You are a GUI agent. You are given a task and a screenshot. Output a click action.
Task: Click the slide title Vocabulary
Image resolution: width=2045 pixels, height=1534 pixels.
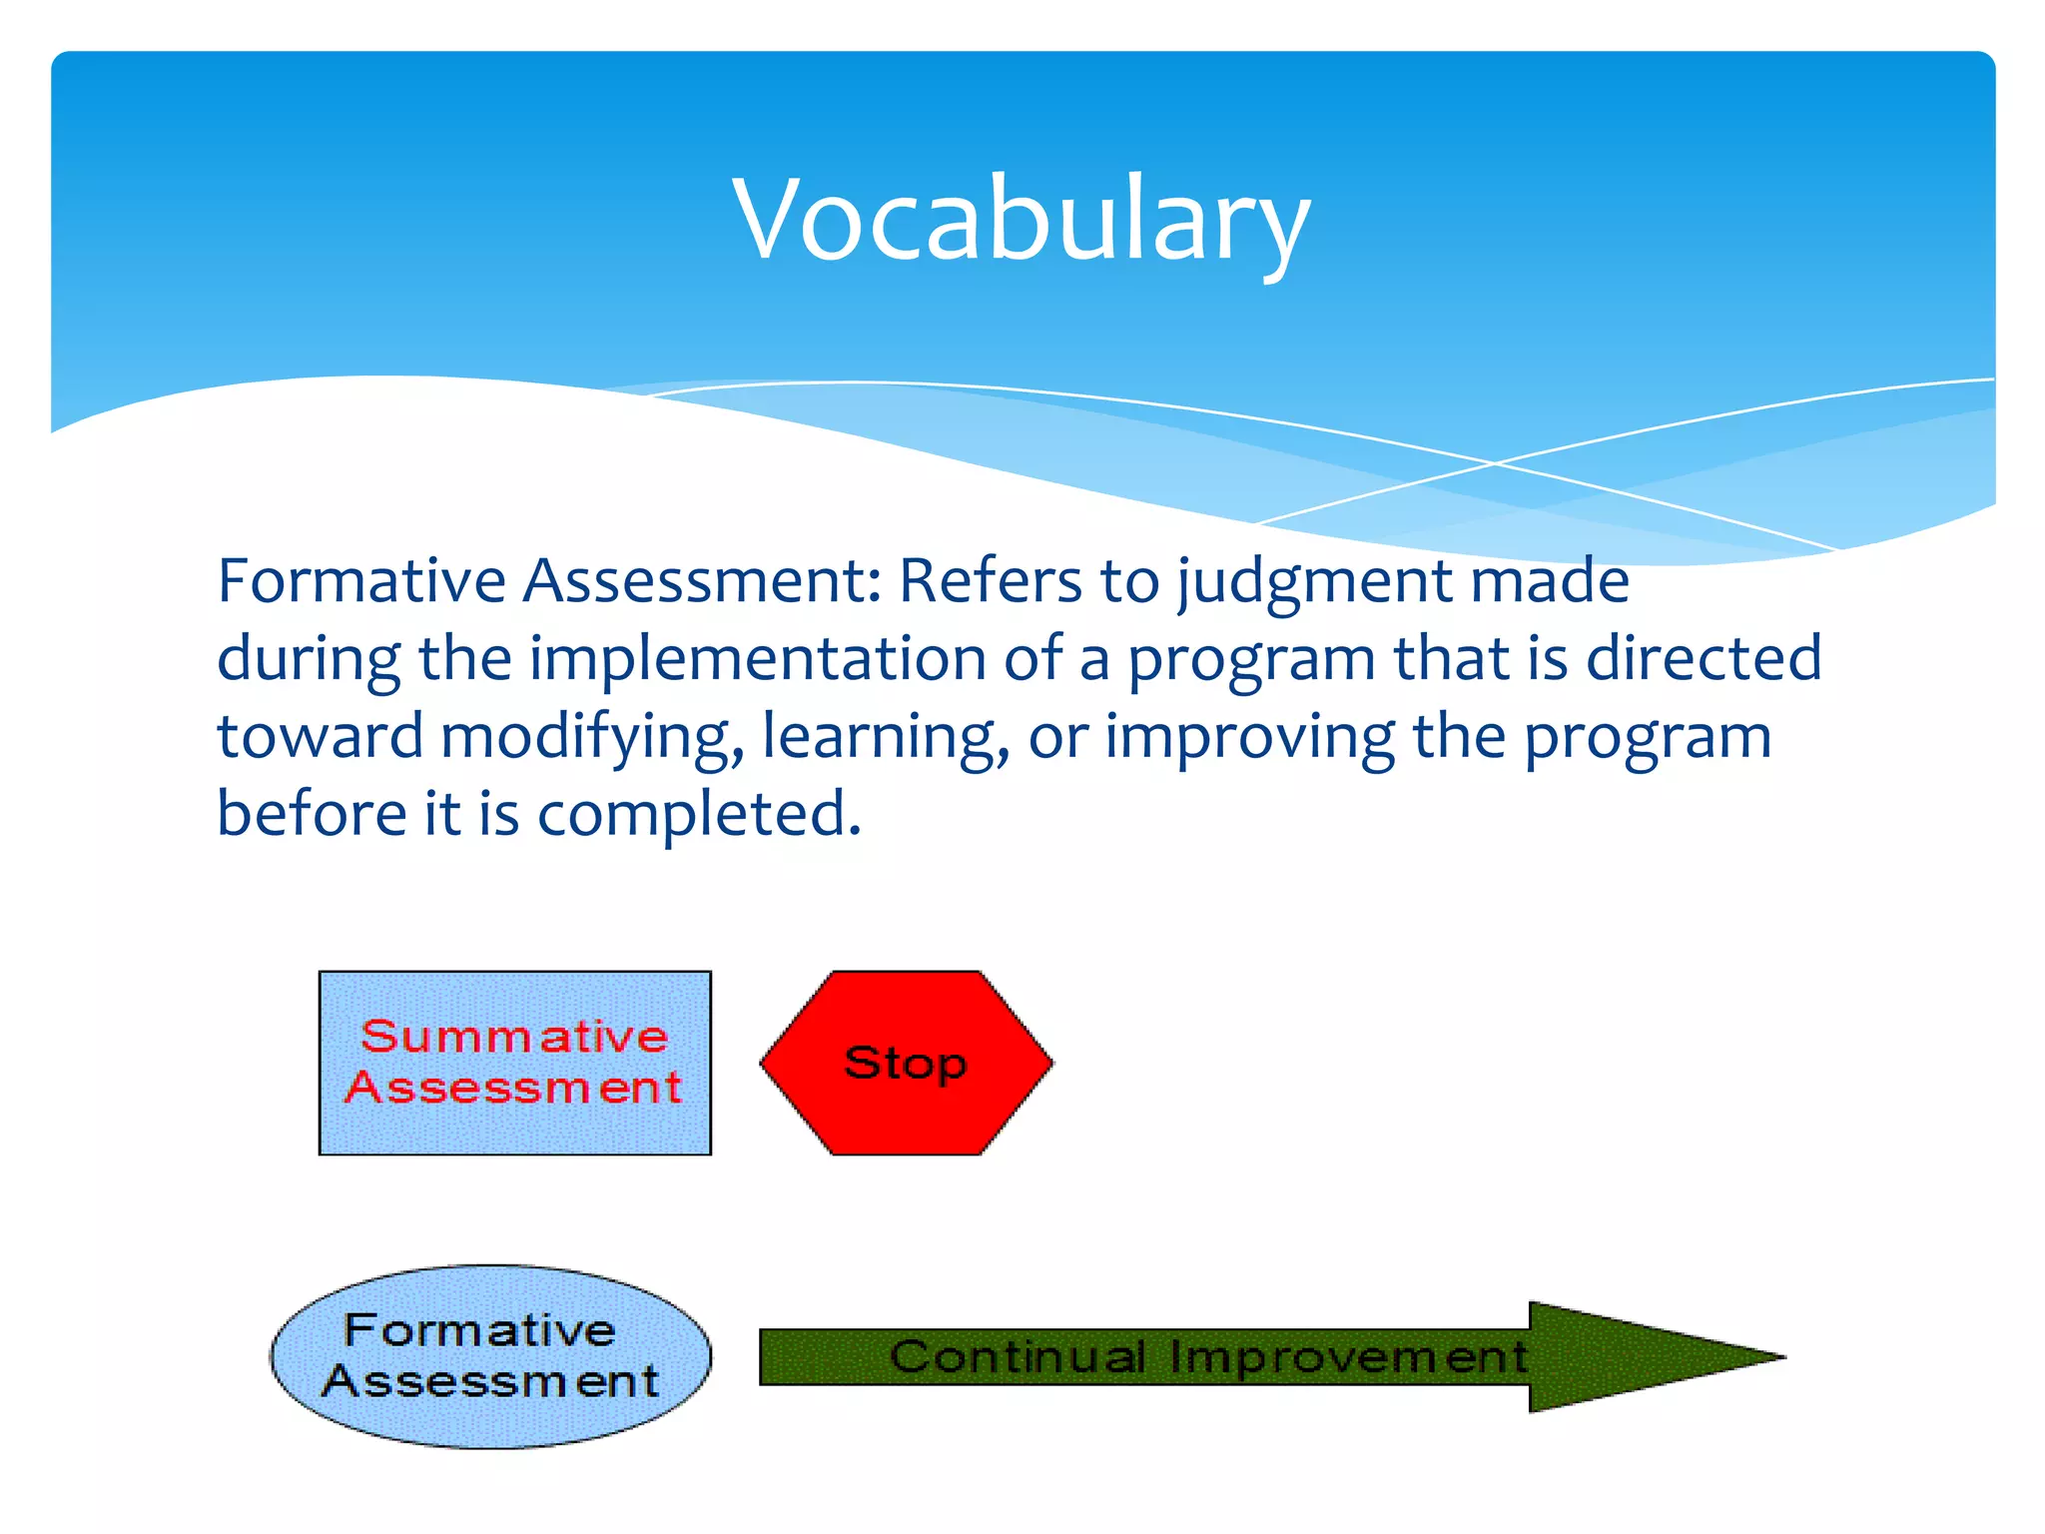pos(1021,220)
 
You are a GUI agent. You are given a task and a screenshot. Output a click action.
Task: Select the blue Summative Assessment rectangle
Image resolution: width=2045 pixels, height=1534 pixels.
pos(514,1129)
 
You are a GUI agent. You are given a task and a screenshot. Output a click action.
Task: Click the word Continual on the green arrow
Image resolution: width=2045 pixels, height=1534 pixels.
pos(1018,1356)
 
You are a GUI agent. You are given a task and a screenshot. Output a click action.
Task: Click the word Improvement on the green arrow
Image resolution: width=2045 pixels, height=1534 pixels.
pos(1348,1356)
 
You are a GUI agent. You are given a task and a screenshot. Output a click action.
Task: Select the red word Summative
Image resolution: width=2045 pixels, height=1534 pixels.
pos(514,1036)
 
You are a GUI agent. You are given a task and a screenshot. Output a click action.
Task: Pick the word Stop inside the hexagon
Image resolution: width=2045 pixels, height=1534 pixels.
pos(906,1063)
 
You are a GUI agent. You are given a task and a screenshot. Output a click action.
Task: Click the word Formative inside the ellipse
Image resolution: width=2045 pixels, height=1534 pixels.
pos(479,1330)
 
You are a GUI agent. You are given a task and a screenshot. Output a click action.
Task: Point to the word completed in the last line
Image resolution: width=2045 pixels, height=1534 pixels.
pos(698,814)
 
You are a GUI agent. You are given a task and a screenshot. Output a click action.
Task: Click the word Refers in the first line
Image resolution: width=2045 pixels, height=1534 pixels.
pos(990,580)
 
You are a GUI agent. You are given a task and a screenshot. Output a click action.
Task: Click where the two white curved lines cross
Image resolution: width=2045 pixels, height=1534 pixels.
pos(1495,463)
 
